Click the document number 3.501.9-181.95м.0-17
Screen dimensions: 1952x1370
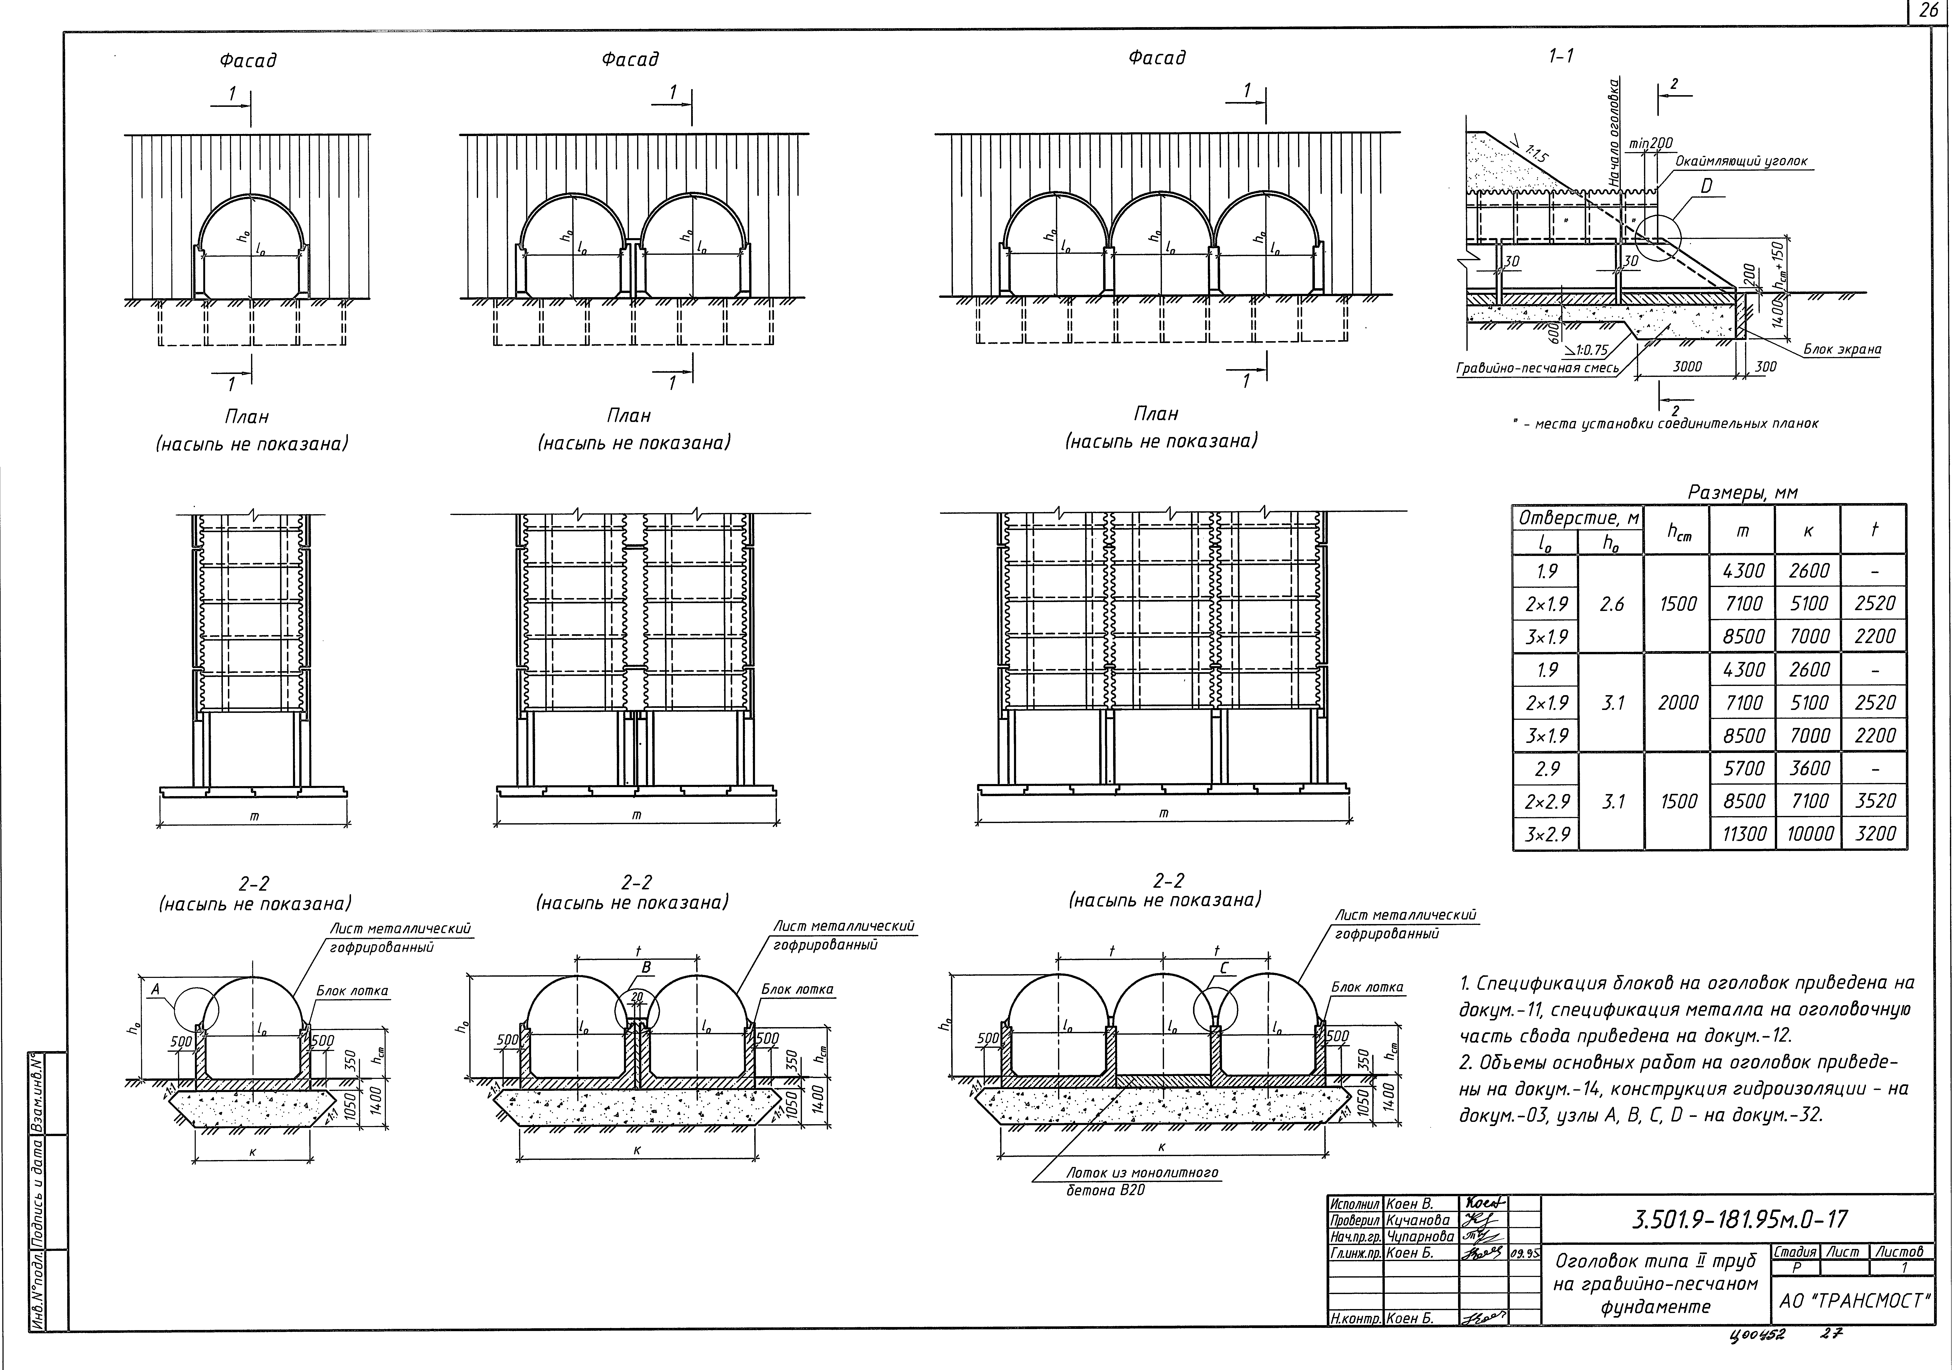tap(1739, 1220)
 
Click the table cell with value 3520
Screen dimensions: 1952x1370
tap(1875, 801)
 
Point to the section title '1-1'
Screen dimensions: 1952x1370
tap(1561, 56)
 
